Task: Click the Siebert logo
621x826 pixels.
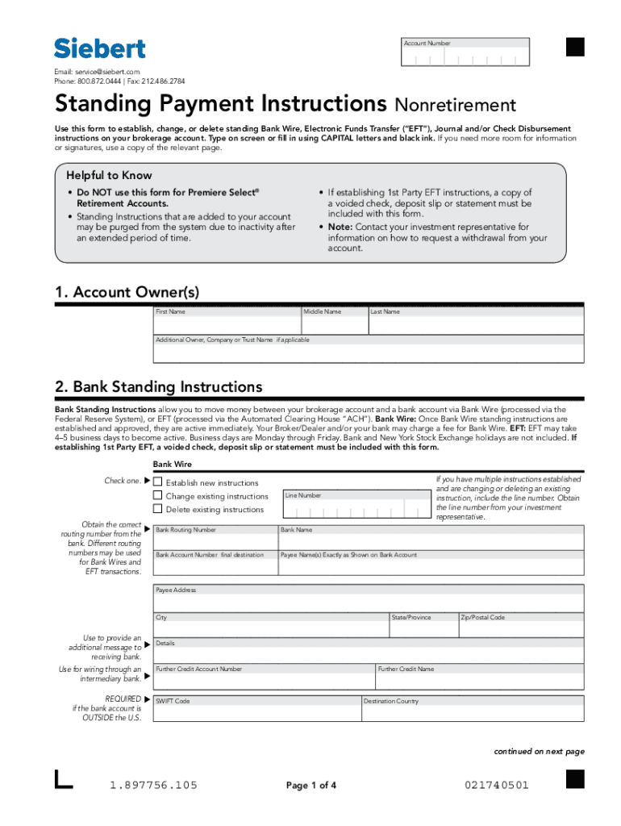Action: click(100, 48)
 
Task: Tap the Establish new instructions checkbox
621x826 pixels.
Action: click(158, 482)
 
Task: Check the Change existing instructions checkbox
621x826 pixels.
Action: click(158, 495)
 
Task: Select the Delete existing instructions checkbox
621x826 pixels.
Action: click(158, 509)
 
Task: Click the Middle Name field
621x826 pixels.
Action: click(334, 323)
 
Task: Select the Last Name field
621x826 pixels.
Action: click(475, 323)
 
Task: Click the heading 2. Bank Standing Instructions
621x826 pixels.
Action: click(158, 387)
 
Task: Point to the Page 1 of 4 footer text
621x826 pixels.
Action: click(311, 785)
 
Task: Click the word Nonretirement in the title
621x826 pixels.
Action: click(455, 106)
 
